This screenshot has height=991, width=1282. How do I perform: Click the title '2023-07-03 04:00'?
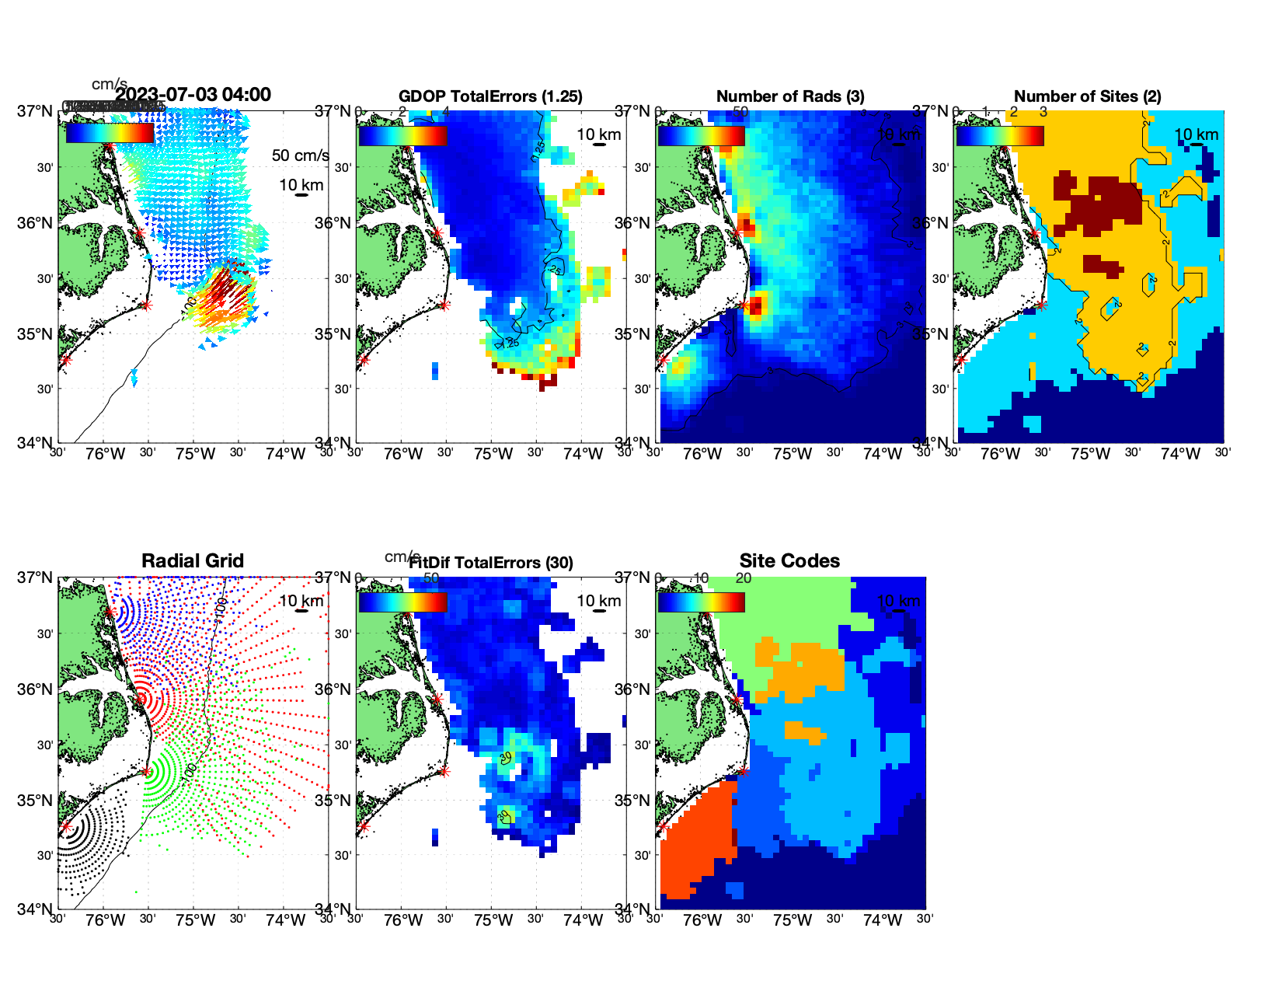(x=193, y=95)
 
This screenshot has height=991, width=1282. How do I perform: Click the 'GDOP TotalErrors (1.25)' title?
(x=490, y=96)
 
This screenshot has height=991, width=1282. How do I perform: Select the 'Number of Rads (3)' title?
(x=790, y=96)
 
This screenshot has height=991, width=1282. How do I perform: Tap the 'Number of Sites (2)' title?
(x=1087, y=96)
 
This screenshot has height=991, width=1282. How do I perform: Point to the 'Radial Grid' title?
(x=193, y=561)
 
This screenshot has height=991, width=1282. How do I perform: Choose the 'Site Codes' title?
(x=789, y=561)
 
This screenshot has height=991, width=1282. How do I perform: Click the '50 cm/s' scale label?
(x=300, y=155)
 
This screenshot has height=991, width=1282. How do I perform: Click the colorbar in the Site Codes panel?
(x=702, y=602)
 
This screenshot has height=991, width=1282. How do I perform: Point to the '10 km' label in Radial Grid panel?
(x=301, y=601)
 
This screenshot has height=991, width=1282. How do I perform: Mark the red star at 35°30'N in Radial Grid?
(x=146, y=771)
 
